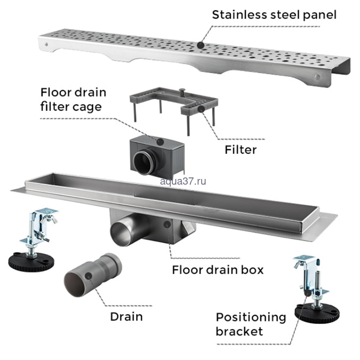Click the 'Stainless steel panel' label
coord(275,14)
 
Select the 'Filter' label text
coord(240,150)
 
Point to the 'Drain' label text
coord(126,316)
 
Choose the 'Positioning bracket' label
coord(251,324)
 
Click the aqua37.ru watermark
coord(183,181)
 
